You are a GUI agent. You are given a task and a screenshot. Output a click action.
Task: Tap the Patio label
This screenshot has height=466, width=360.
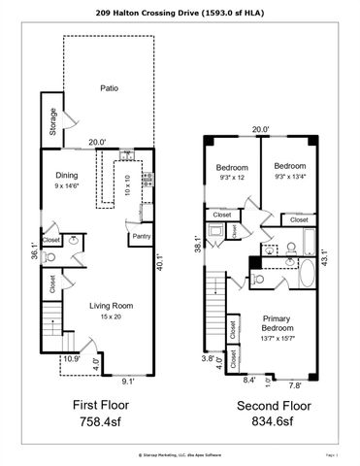click(x=110, y=87)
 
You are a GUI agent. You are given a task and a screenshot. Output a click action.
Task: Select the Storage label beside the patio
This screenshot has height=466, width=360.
click(x=51, y=122)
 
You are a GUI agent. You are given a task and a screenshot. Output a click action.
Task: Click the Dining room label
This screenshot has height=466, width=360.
click(x=67, y=176)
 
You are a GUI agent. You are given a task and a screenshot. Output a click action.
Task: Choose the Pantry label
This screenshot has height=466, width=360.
click(x=139, y=235)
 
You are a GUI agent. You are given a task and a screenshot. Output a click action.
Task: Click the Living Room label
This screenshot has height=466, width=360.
click(x=110, y=307)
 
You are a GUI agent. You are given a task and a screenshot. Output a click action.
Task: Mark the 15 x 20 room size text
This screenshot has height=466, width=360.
click(x=110, y=316)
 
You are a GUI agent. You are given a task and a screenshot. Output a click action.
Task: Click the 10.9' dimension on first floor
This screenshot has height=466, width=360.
click(x=70, y=360)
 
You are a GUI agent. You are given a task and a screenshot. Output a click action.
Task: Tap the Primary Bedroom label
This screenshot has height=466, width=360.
click(x=279, y=326)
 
